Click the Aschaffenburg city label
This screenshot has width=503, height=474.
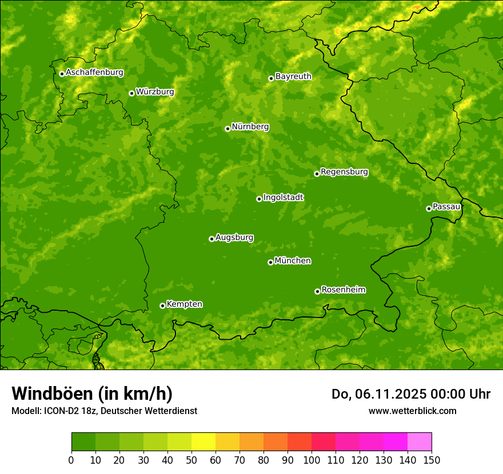coord(94,73)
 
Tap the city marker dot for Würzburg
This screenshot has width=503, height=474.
coord(131,93)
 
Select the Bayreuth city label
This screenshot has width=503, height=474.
coord(293,77)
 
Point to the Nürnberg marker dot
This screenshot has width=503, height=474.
coord(227,128)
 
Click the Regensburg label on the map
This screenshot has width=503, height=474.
coord(344,172)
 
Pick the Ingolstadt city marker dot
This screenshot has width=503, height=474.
coord(259,199)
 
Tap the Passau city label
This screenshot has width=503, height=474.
coord(446,207)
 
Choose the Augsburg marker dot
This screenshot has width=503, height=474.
coord(211,239)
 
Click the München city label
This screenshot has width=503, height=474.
coord(293,261)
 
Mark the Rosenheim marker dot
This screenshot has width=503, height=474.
coord(317,291)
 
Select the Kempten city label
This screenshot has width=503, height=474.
coord(184,304)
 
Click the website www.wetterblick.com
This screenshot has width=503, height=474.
coord(412,411)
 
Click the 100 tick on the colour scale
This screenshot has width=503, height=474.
coord(312,460)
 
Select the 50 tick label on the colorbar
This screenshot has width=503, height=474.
coord(191,460)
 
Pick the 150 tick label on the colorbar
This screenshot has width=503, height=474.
coord(432,460)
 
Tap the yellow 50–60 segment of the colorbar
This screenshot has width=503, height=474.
coord(203,442)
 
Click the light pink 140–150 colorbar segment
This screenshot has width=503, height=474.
coord(420,442)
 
